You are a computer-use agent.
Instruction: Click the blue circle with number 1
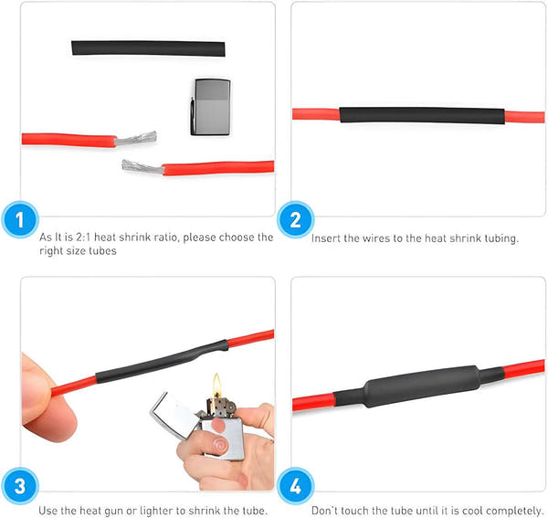coord(19,221)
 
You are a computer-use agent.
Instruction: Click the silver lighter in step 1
coord(210,106)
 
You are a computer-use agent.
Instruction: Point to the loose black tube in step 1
coord(147,47)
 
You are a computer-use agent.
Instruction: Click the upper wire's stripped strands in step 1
coord(136,139)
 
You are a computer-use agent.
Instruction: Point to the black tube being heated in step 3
coord(161,362)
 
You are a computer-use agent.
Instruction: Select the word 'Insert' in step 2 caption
coord(325,238)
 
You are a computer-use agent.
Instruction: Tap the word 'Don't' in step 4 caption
coord(325,511)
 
